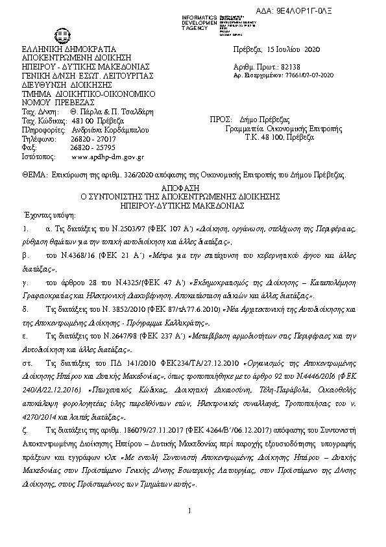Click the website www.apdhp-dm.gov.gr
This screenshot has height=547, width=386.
tap(107, 157)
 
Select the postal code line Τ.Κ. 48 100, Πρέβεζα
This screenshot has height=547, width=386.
tap(275, 138)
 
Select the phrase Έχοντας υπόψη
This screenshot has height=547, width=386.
tap(49, 214)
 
